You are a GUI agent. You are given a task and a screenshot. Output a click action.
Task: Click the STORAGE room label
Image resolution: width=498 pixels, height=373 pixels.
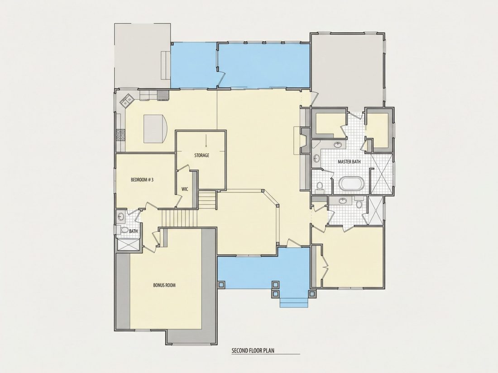[x=201, y=156]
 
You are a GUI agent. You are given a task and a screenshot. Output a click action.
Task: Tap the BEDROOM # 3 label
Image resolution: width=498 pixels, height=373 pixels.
[x=142, y=180]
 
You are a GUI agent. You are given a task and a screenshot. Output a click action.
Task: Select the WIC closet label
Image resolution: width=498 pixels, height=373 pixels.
[x=185, y=189]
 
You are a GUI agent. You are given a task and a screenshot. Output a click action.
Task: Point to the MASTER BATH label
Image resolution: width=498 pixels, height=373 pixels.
[x=349, y=162]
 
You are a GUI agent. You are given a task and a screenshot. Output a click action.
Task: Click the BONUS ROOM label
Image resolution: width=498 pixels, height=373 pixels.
[x=164, y=285]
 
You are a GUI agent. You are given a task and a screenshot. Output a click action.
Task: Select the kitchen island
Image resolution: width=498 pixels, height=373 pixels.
[x=156, y=129]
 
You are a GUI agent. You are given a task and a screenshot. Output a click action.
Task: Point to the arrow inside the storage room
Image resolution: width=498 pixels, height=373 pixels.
[x=206, y=141]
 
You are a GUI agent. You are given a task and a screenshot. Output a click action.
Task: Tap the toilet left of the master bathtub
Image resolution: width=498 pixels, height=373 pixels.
[x=320, y=186]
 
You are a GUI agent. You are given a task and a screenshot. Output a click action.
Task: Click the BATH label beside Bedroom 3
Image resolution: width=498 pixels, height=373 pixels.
[x=134, y=231]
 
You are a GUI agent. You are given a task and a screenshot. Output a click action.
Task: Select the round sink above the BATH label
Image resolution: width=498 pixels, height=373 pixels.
[x=121, y=217]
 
